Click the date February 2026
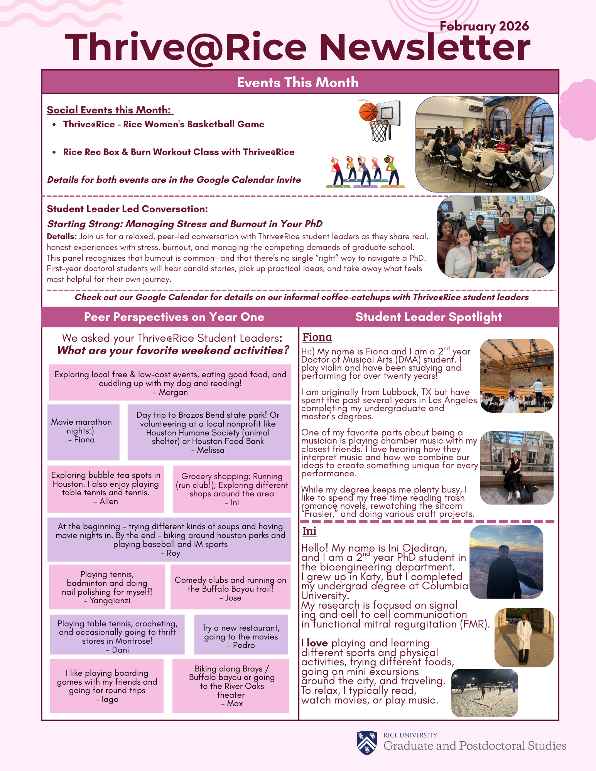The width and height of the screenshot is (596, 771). coord(484,26)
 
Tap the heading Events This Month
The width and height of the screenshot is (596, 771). coord(298,83)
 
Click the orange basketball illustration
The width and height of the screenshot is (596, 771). coord(368,111)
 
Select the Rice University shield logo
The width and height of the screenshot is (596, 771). coord(367,742)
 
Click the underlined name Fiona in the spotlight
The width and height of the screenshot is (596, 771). coord(317,337)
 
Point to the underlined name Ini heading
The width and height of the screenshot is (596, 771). coord(309,531)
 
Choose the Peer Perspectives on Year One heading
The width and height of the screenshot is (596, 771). coord(174,317)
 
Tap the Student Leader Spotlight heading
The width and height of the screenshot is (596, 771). coord(429,317)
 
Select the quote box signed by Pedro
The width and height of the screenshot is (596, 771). coord(241,634)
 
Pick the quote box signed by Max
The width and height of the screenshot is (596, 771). coord(231,686)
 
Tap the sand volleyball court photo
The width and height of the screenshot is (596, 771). coord(484,693)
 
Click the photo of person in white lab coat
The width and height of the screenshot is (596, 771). coord(523,638)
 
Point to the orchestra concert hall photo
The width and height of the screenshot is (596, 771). coord(517,376)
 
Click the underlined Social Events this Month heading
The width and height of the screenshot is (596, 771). coord(110,110)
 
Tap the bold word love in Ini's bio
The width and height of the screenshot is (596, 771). coord(317,643)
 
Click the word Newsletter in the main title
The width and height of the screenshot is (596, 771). coord(424,47)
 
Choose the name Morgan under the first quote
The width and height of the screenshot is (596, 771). coord(173,392)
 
